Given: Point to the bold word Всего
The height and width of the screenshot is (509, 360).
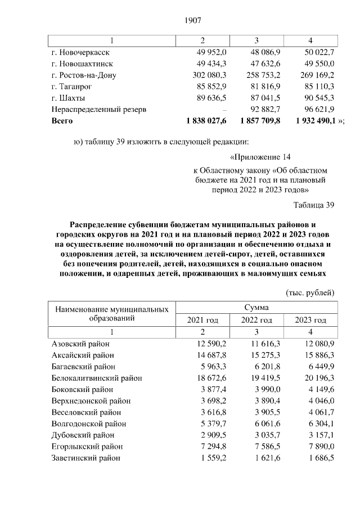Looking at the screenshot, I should pyautogui.click(x=62, y=120).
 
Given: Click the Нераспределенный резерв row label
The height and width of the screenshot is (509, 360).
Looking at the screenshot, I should pyautogui.click(x=98, y=109).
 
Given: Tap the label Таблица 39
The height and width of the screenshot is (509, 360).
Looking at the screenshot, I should pyautogui.click(x=314, y=205).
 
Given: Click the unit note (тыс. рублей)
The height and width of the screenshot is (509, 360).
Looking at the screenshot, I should pyautogui.click(x=310, y=292).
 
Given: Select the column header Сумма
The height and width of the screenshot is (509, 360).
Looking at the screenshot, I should pyautogui.click(x=256, y=308).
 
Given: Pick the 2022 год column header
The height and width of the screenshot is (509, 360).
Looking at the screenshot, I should pyautogui.click(x=256, y=320).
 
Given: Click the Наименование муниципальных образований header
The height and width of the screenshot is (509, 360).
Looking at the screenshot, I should pyautogui.click(x=110, y=313).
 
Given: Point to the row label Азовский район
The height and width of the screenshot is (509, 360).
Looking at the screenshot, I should pyautogui.click(x=80, y=344).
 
